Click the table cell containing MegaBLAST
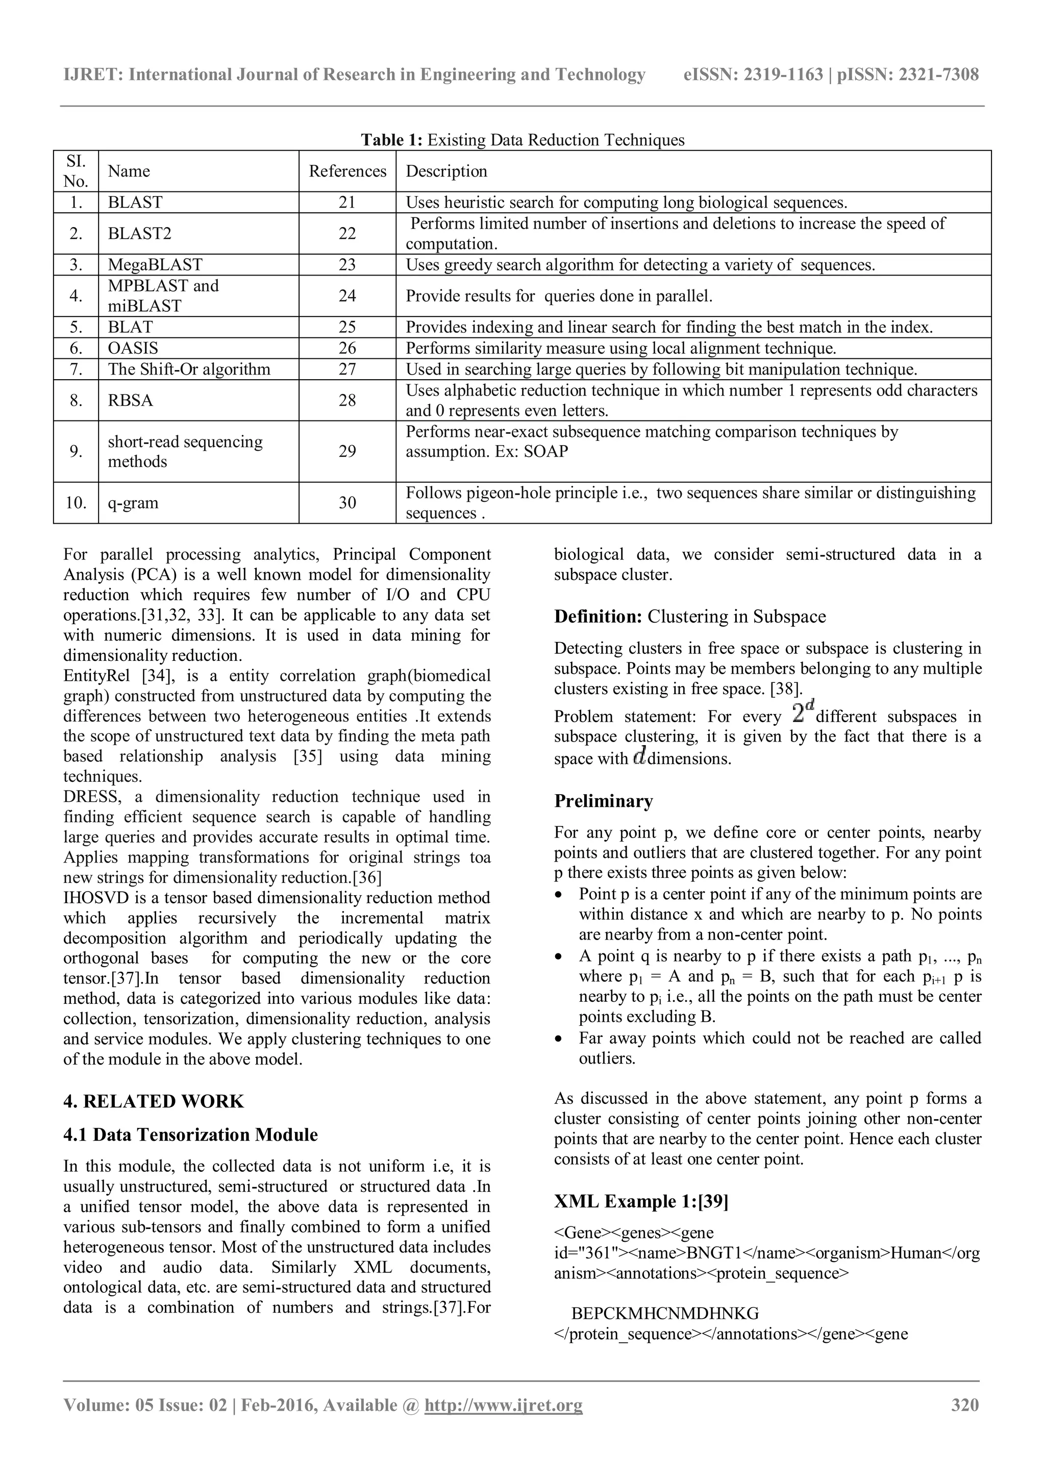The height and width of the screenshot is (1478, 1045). point(155,264)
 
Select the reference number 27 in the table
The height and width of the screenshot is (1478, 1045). point(347,370)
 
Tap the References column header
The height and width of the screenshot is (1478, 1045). point(347,171)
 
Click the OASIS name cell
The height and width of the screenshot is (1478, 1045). point(133,348)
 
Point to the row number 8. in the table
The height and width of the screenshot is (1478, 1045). point(76,401)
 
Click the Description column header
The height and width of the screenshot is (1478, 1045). point(446,171)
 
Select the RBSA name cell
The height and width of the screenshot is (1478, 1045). point(131,401)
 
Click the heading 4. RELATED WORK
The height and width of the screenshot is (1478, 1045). point(154,1101)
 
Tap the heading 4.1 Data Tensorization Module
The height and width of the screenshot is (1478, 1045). point(190,1135)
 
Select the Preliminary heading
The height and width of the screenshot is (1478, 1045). point(603,801)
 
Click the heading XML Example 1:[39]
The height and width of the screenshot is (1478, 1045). point(641,1202)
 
